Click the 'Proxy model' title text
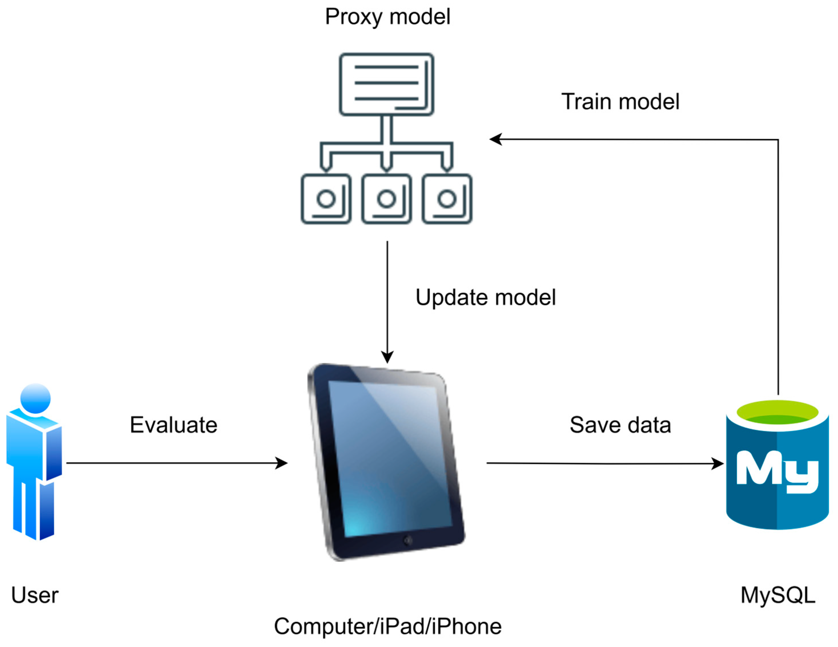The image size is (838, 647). [387, 17]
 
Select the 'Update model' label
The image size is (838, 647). [485, 298]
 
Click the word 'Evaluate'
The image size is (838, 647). [173, 425]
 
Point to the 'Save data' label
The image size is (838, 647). [620, 425]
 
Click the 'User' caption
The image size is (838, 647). [35, 595]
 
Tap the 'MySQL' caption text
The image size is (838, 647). [778, 595]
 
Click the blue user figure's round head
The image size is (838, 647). [35, 398]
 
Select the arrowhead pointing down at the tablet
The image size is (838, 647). [387, 357]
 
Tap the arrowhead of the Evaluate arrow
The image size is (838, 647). [282, 463]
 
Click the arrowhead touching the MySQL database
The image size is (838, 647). [718, 464]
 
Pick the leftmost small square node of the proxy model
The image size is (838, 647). [326, 199]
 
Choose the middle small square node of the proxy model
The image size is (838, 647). [386, 199]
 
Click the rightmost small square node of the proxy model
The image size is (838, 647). [447, 199]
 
